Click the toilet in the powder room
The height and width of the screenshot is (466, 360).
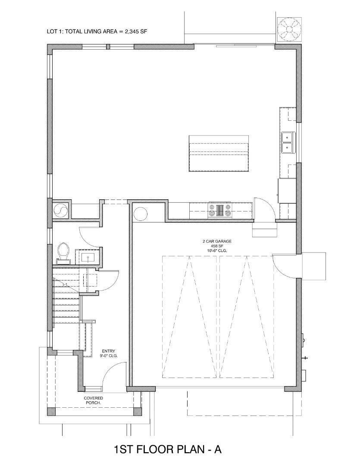click(x=63, y=252)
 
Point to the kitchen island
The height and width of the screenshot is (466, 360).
click(x=219, y=153)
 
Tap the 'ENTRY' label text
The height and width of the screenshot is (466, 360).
click(x=108, y=351)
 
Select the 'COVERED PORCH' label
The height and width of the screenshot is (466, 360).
click(x=93, y=400)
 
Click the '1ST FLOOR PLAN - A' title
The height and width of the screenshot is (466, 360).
click(x=168, y=450)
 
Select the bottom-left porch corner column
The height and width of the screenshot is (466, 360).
click(x=51, y=411)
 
